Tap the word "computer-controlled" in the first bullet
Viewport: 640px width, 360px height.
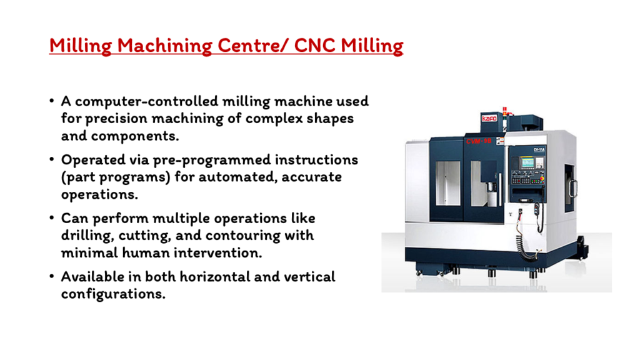(146, 101)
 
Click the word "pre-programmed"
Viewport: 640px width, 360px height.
(212, 160)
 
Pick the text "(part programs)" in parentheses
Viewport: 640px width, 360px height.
(116, 177)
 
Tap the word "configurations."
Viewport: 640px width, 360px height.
(113, 294)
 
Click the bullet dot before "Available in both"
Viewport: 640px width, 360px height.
(51, 276)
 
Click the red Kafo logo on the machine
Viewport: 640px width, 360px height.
(489, 118)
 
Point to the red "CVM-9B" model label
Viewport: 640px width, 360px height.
(478, 141)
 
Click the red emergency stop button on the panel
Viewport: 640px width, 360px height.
(542, 178)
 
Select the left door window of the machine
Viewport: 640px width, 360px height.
(447, 183)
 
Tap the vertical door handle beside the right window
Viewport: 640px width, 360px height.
(500, 189)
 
